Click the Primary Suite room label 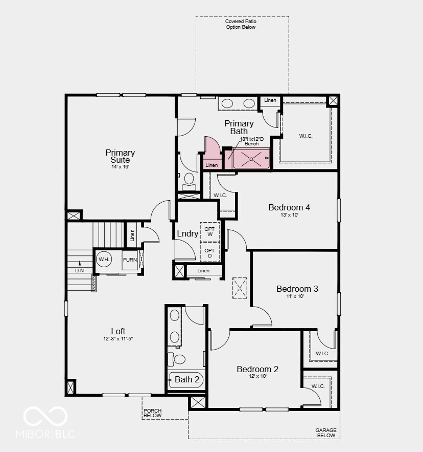click(x=120, y=156)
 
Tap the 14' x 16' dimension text click(x=120, y=167)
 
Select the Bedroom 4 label click(x=289, y=207)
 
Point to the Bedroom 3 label click(x=297, y=289)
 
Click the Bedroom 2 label click(x=257, y=369)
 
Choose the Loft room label click(x=118, y=331)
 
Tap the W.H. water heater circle click(x=104, y=260)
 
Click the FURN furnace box click(x=130, y=260)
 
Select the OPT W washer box click(x=209, y=232)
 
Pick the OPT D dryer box click(x=209, y=252)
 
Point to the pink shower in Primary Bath click(x=251, y=159)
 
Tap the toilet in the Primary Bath click(x=189, y=179)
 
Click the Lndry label click(x=187, y=233)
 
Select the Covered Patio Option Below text click(x=241, y=24)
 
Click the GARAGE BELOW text click(x=325, y=433)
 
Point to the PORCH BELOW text click(x=153, y=413)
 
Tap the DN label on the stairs click(x=79, y=270)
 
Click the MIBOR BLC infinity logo click(x=45, y=416)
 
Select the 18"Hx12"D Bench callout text click(x=252, y=141)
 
